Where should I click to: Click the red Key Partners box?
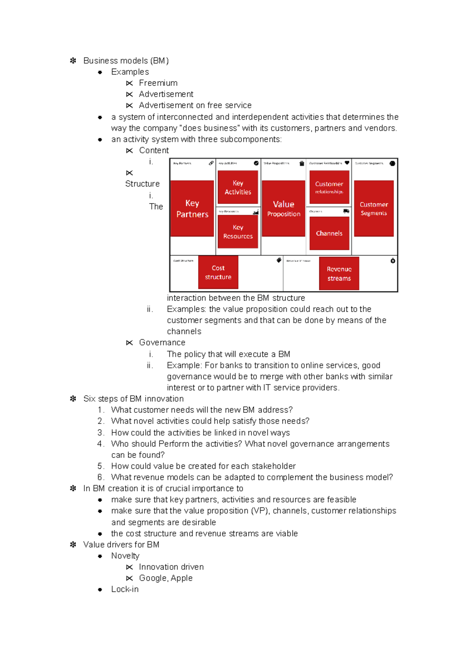pyautogui.click(x=192, y=208)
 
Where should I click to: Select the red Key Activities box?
pyautogui.click(x=238, y=187)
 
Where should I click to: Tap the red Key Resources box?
pyautogui.click(x=238, y=232)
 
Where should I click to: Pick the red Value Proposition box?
pyautogui.click(x=283, y=208)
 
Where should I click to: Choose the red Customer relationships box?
pyautogui.click(x=329, y=187)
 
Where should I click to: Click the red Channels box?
pyautogui.click(x=329, y=233)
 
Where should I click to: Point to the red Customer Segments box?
pyautogui.click(x=374, y=208)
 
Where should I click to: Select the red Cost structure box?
pyautogui.click(x=218, y=272)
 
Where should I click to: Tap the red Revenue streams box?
pyautogui.click(x=339, y=273)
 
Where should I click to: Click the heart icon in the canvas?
pyautogui.click(x=347, y=163)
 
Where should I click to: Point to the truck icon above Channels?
pyautogui.click(x=346, y=211)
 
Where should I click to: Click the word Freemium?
pyautogui.click(x=158, y=83)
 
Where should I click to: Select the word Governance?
pyautogui.click(x=162, y=342)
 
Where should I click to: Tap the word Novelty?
pyautogui.click(x=125, y=556)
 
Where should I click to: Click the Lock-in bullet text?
pyautogui.click(x=125, y=589)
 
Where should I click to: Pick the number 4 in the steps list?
pyautogui.click(x=100, y=444)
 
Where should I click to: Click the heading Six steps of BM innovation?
pyautogui.click(x=133, y=399)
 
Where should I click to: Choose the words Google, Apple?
pyautogui.click(x=166, y=578)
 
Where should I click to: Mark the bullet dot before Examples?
pyautogui.click(x=100, y=72)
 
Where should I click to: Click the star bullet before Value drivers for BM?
pyautogui.click(x=73, y=544)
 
